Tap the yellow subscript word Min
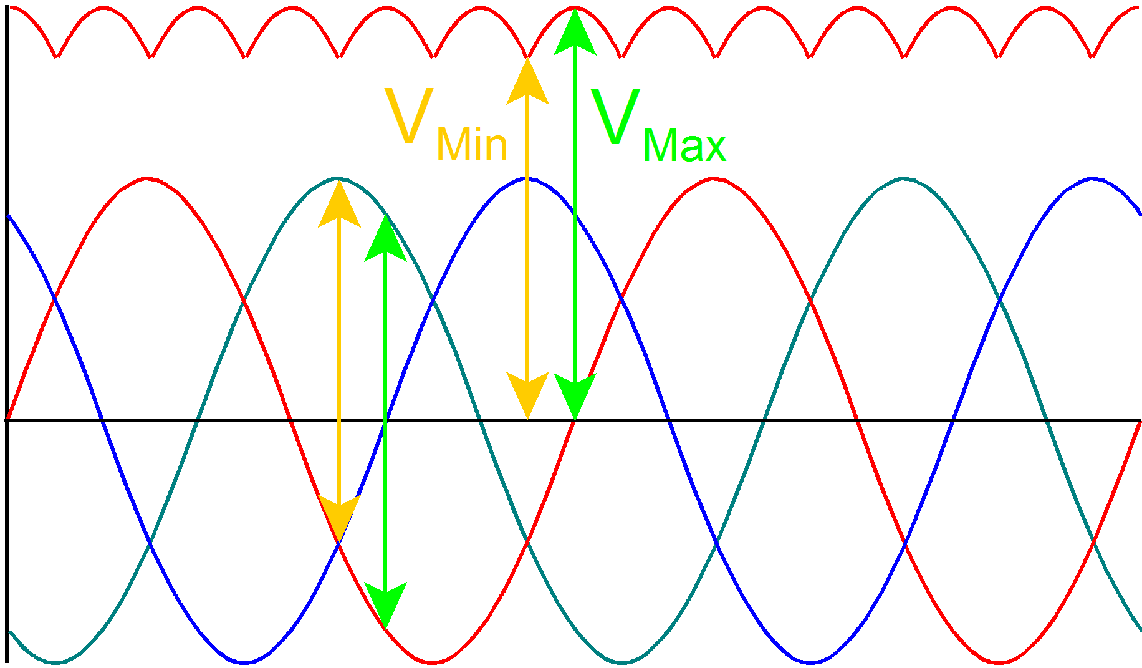(x=472, y=145)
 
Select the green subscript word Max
(x=684, y=146)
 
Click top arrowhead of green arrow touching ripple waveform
(x=575, y=31)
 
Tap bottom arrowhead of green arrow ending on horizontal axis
(x=575, y=396)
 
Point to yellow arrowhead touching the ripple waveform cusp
(x=527, y=81)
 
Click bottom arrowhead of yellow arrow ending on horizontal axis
(x=527, y=396)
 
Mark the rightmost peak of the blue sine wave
(x=1092, y=178)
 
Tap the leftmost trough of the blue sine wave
(x=244, y=662)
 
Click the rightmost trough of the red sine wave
(x=999, y=662)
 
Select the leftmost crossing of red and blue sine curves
(x=55, y=299)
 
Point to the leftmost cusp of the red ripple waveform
(x=57, y=57)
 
